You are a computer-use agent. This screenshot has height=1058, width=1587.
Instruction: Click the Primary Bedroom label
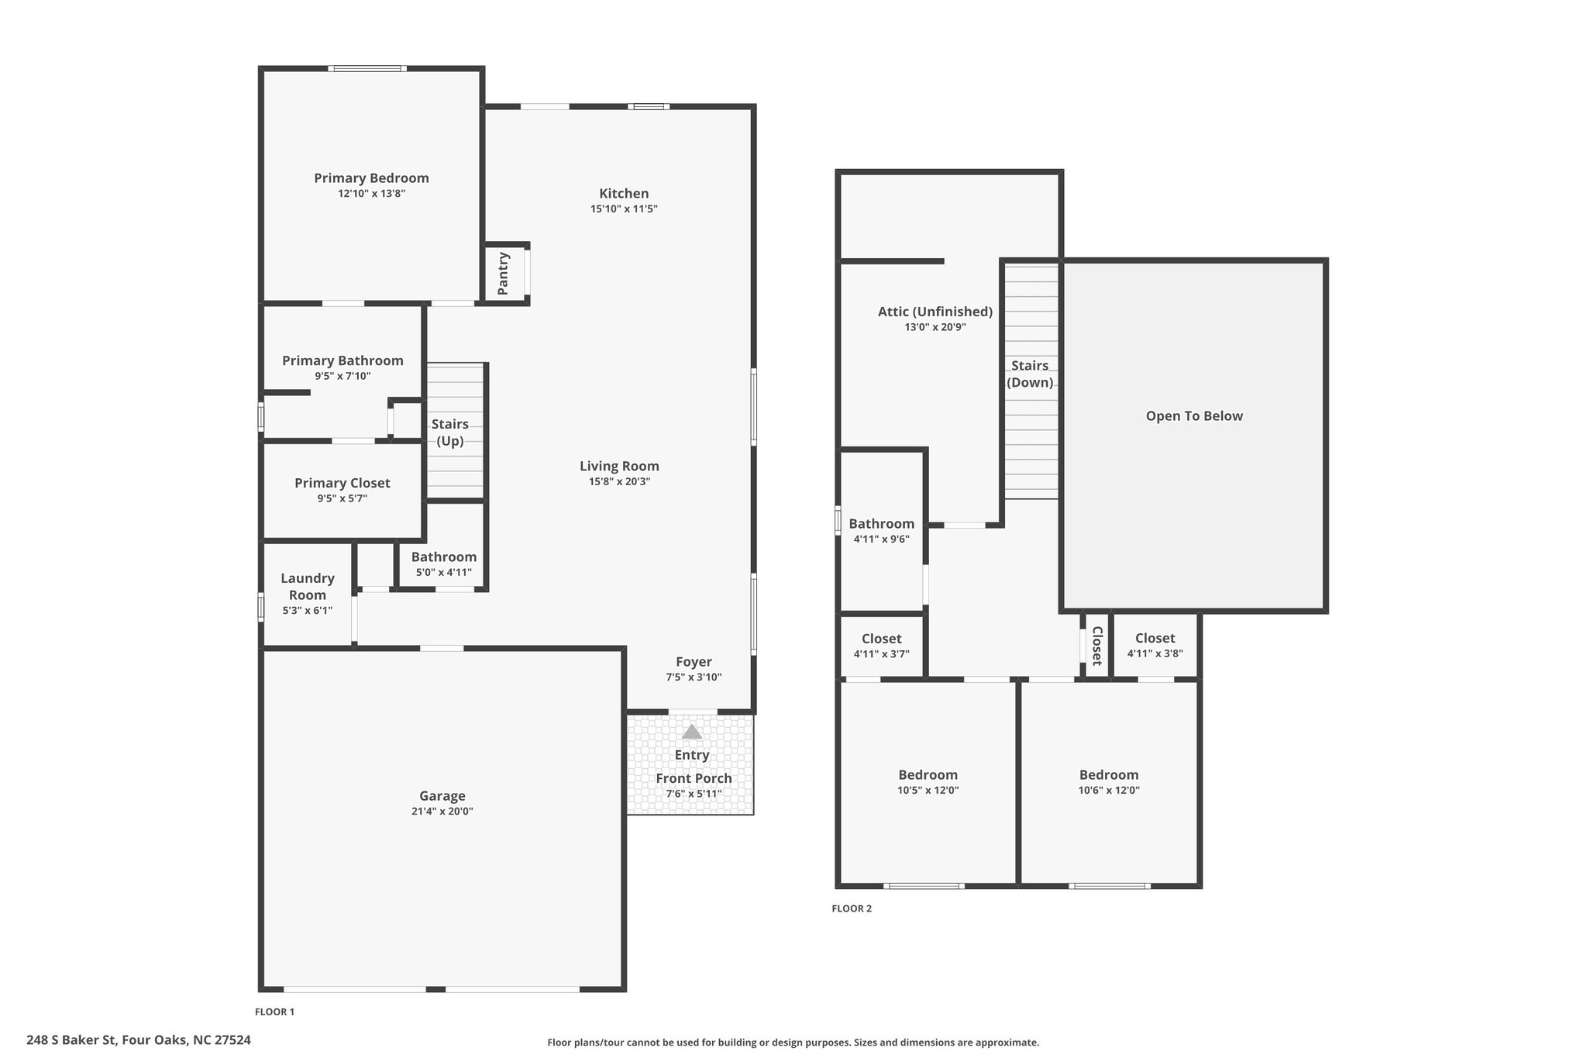(x=371, y=178)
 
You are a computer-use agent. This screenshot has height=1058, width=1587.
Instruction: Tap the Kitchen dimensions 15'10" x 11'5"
(x=624, y=208)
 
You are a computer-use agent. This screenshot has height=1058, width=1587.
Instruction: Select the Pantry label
(x=503, y=274)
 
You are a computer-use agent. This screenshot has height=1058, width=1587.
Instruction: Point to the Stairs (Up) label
(x=450, y=433)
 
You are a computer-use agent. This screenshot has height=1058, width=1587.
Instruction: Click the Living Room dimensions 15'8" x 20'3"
(x=619, y=481)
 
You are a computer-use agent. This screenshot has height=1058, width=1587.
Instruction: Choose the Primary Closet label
(x=343, y=483)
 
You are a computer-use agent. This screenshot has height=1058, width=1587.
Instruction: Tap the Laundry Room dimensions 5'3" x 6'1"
(x=308, y=610)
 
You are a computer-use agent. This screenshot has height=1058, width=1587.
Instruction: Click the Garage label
(x=442, y=796)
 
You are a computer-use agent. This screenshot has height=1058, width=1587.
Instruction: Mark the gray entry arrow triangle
(x=692, y=732)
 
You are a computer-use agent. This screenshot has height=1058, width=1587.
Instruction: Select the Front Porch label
(x=694, y=778)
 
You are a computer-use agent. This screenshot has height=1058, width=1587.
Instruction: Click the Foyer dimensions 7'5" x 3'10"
(x=694, y=677)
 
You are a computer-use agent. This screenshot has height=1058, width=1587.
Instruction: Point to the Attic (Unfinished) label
(x=935, y=312)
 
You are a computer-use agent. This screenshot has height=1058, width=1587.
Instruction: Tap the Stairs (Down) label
(x=1030, y=374)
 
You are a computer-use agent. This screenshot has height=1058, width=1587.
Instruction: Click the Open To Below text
(x=1194, y=416)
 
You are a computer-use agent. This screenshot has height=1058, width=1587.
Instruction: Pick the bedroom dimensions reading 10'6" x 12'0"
(x=1109, y=791)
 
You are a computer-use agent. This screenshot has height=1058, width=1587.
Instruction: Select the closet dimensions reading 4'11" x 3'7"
(x=882, y=654)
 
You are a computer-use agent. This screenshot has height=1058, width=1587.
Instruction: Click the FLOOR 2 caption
(x=852, y=908)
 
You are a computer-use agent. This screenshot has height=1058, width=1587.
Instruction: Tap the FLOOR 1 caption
(x=275, y=1011)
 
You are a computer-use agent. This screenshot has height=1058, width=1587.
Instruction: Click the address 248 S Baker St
(x=72, y=1040)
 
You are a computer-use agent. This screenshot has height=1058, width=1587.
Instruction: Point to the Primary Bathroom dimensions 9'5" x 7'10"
(x=343, y=376)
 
